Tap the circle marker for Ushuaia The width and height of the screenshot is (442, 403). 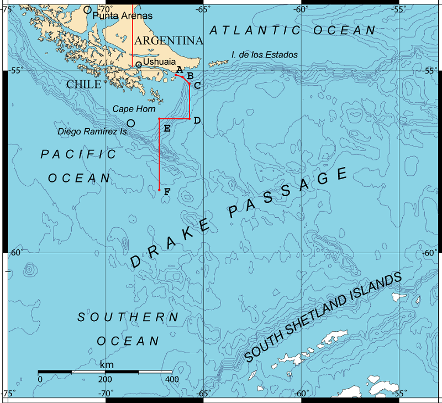[139, 65]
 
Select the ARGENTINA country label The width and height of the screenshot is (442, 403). [169, 41]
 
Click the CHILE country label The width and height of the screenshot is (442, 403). [83, 85]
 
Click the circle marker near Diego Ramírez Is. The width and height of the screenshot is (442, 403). [131, 123]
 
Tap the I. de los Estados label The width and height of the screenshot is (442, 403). [265, 55]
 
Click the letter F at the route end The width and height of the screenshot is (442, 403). [167, 192]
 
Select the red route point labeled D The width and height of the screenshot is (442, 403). [190, 119]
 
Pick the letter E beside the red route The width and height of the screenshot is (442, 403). [167, 128]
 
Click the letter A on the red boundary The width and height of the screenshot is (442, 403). [180, 69]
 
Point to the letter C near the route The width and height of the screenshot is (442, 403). [197, 85]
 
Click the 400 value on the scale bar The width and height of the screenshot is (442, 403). [172, 380]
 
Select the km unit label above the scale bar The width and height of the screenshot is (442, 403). [107, 365]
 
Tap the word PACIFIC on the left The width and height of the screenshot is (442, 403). [79, 154]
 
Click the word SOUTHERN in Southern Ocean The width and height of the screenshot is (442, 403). [128, 317]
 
